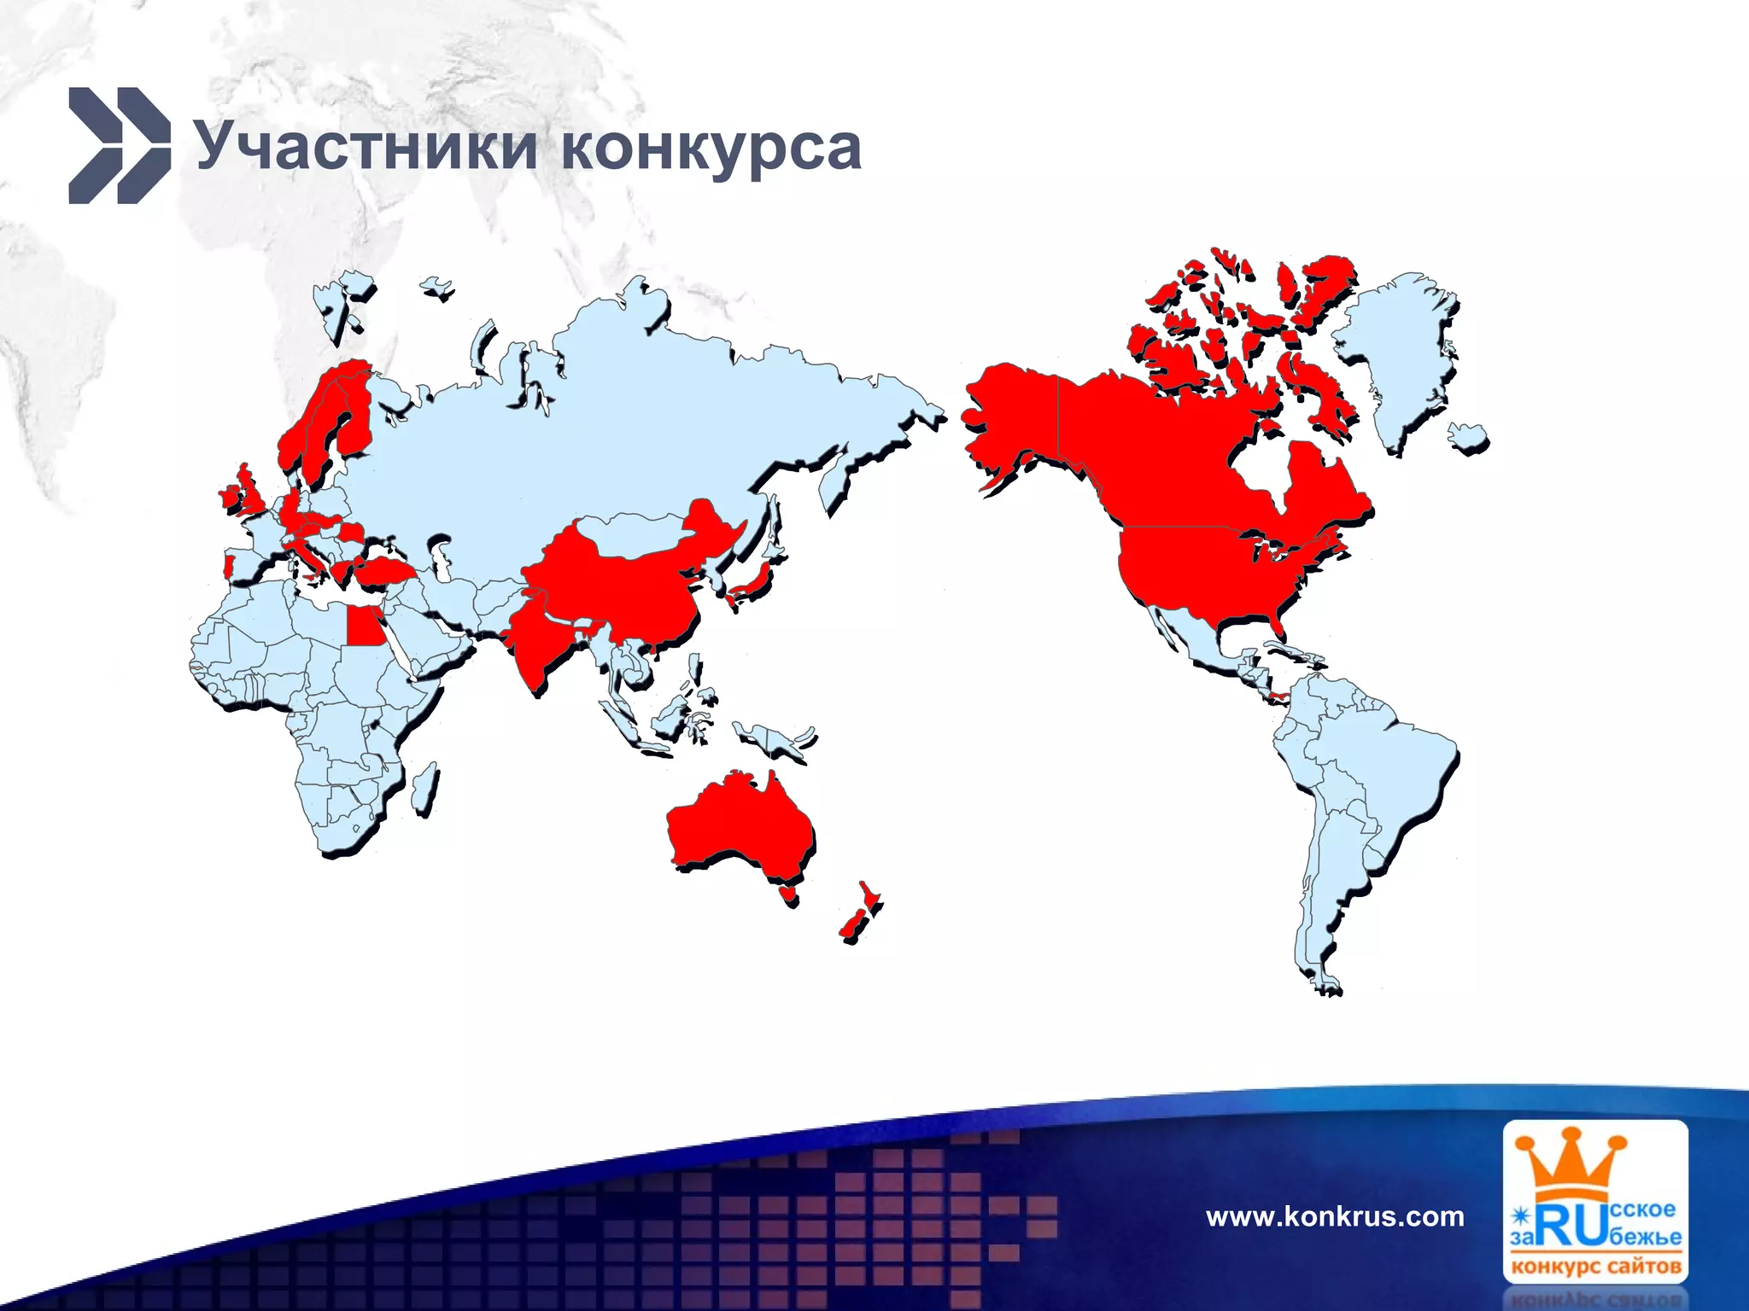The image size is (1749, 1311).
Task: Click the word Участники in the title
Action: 366,147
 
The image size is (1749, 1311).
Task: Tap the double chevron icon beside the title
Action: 119,145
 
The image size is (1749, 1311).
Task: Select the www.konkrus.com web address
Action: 1335,1215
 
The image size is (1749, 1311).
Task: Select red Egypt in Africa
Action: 362,628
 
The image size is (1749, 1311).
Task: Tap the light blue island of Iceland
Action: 1468,436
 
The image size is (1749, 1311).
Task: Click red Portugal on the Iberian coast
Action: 227,566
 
